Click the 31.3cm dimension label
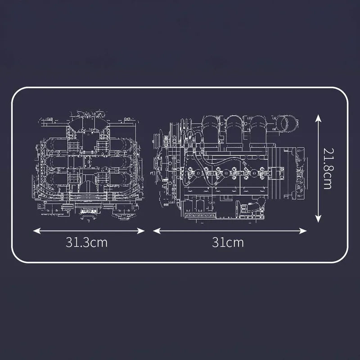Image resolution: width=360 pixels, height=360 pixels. [x=86, y=243]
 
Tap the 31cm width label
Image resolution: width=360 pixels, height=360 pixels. [x=228, y=243]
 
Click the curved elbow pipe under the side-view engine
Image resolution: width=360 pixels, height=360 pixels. [x=253, y=207]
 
